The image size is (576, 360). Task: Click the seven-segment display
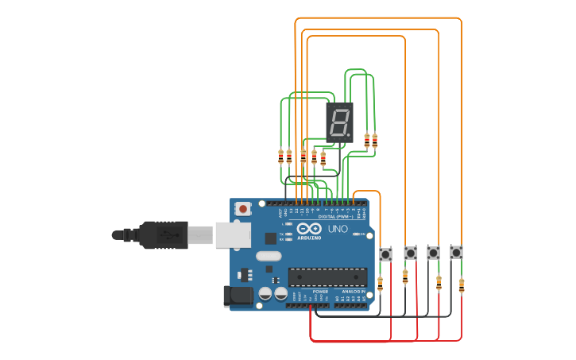pyautogui.click(x=339, y=122)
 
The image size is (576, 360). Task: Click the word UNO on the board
pyautogui.click(x=338, y=230)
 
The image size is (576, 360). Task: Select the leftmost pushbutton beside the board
pyautogui.click(x=385, y=254)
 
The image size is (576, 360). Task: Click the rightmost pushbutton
pyautogui.click(x=456, y=252)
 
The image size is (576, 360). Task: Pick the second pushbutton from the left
pyautogui.click(x=410, y=253)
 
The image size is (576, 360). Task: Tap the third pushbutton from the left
pyautogui.click(x=433, y=253)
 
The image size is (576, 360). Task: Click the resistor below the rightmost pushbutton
pyautogui.click(x=462, y=285)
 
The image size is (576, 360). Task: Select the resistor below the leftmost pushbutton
pyautogui.click(x=380, y=284)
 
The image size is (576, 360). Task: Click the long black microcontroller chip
pyautogui.click(x=327, y=277)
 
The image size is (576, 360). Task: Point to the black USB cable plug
pyautogui.click(x=162, y=235)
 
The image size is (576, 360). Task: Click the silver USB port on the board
pyautogui.click(x=233, y=234)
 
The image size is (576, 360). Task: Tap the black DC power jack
pyautogui.click(x=238, y=296)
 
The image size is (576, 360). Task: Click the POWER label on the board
pyautogui.click(x=320, y=292)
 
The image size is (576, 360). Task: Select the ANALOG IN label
pyautogui.click(x=354, y=292)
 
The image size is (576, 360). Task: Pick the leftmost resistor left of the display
pyautogui.click(x=280, y=157)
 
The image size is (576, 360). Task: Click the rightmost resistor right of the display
pyautogui.click(x=375, y=141)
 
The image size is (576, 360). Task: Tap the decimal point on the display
pyautogui.click(x=350, y=136)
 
